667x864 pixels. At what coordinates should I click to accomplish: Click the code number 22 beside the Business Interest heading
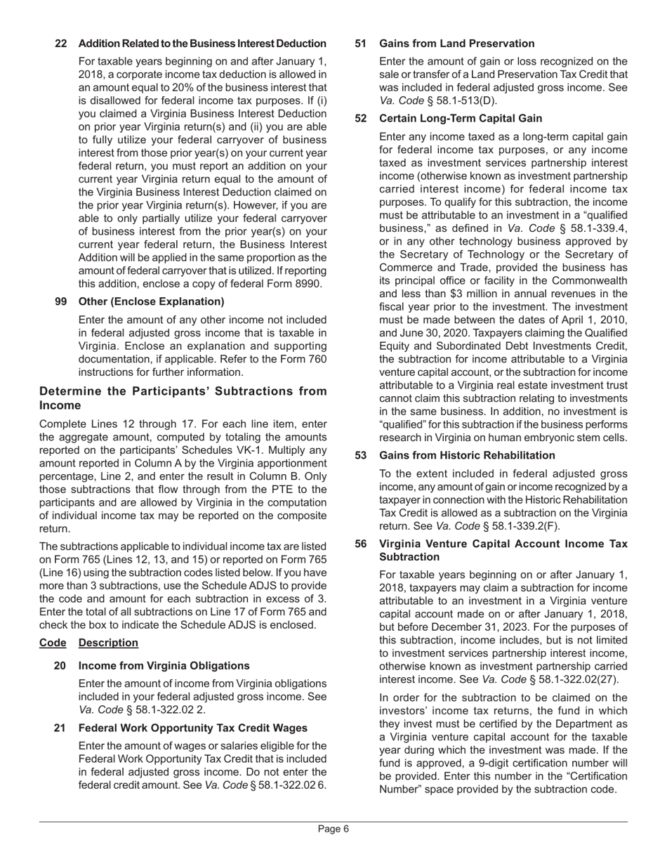(61, 44)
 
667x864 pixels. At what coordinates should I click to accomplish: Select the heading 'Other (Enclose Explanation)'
(152, 301)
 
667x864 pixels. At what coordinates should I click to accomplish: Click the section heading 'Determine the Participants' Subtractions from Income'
(183, 398)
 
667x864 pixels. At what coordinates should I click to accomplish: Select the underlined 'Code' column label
(53, 643)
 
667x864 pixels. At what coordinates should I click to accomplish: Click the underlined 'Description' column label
(108, 643)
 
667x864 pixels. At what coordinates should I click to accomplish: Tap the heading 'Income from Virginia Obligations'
(164, 665)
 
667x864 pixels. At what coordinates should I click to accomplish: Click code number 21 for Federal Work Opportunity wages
(60, 728)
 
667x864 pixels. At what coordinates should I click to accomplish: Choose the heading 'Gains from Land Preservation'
(456, 44)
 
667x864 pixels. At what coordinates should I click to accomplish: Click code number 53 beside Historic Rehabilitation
(361, 455)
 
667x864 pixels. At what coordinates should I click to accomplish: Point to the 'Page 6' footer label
(333, 829)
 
